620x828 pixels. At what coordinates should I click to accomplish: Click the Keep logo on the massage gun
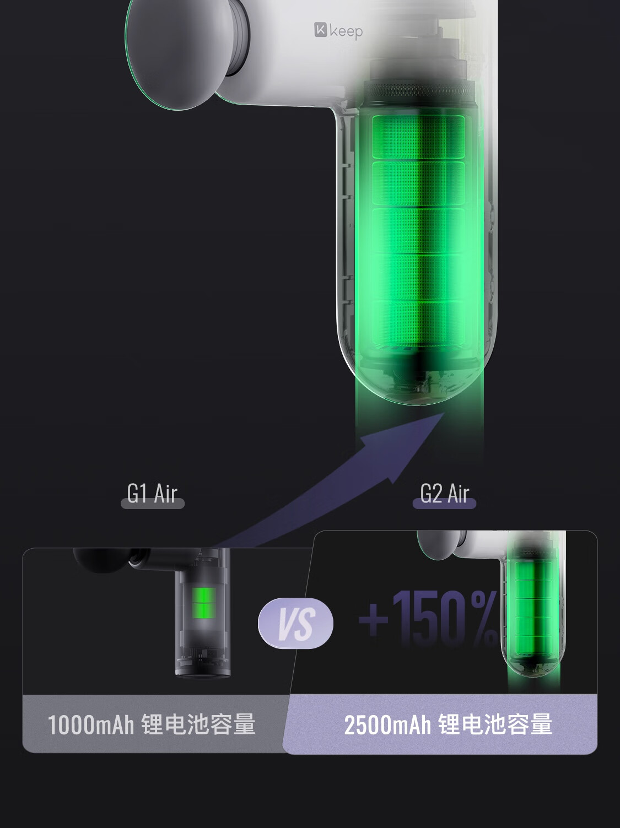[338, 31]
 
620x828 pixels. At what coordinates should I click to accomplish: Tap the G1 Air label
[152, 494]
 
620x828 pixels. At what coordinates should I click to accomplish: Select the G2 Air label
[445, 494]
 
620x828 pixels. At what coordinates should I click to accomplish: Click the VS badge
[295, 623]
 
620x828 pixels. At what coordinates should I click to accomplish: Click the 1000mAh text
[90, 724]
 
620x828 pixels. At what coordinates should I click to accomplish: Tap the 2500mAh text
[387, 724]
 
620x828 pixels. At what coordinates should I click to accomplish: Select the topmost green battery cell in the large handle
[418, 137]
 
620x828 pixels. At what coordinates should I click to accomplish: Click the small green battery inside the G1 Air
[204, 602]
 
